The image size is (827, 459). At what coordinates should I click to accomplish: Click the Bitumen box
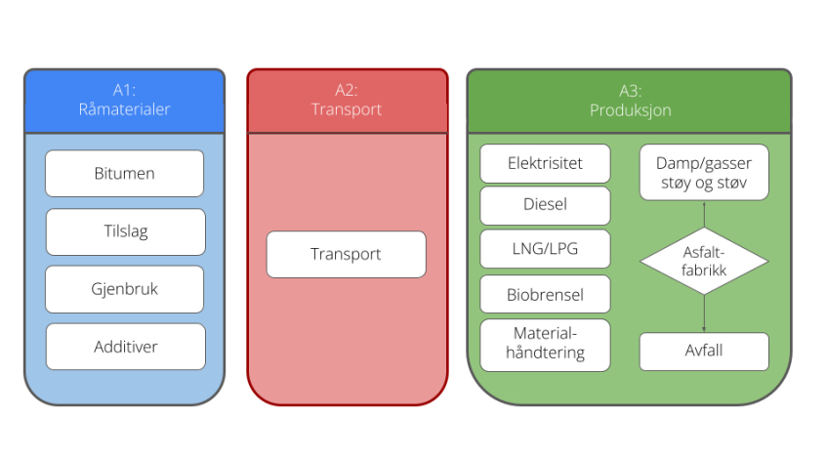click(x=124, y=174)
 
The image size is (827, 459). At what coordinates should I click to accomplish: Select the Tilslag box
click(x=125, y=231)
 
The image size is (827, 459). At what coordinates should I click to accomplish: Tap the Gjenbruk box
click(x=125, y=289)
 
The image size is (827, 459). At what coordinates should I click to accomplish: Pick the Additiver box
click(x=125, y=347)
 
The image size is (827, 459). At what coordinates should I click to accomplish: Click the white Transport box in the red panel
click(x=346, y=254)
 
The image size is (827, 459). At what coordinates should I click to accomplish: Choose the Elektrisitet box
click(x=545, y=163)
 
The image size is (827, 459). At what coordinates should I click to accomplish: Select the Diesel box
click(x=545, y=206)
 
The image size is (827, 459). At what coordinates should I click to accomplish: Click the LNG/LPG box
click(x=545, y=249)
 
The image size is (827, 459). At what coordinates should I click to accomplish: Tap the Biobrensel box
click(x=545, y=293)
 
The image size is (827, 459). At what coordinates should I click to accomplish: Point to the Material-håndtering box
click(x=545, y=345)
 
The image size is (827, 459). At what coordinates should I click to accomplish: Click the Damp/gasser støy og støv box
click(x=704, y=173)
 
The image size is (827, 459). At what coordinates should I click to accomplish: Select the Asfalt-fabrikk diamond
click(x=704, y=262)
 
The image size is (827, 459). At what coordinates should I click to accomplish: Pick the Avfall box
click(x=704, y=352)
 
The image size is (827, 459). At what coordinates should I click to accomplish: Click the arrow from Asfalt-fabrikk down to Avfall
click(x=704, y=314)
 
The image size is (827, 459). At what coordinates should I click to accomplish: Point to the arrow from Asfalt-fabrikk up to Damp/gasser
click(x=704, y=213)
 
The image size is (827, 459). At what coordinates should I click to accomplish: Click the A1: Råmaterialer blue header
click(x=124, y=101)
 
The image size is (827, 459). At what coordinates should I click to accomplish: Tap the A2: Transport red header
click(x=347, y=101)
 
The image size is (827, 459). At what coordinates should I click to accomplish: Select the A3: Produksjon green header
click(x=630, y=101)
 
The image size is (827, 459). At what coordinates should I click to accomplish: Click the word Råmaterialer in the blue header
click(x=124, y=110)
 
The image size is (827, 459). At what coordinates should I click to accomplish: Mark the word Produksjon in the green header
click(x=630, y=110)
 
